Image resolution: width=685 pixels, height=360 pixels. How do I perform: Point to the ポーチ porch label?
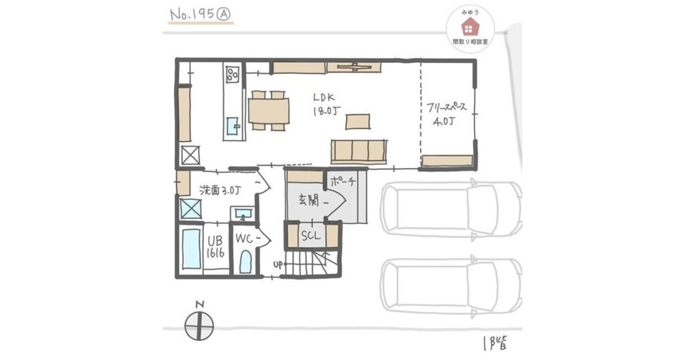(343, 182)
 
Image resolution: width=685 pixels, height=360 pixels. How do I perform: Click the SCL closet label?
(310, 236)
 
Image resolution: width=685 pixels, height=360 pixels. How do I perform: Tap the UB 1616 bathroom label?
(215, 247)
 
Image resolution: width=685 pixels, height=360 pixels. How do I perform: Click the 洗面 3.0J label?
(219, 191)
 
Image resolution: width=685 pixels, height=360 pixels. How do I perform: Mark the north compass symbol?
(199, 325)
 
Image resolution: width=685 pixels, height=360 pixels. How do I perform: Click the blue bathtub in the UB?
(191, 249)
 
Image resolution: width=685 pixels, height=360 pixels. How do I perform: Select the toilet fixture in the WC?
(246, 262)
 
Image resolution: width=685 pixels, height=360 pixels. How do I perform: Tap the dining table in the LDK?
(269, 110)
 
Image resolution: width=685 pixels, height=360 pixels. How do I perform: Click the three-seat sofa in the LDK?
(359, 151)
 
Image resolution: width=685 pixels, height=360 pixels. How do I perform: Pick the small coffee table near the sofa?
(358, 122)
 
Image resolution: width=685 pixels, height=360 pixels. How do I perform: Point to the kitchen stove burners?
(231, 74)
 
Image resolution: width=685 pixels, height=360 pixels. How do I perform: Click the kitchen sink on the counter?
(233, 126)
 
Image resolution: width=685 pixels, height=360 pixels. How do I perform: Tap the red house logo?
(468, 27)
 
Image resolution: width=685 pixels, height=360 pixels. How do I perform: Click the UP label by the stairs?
(278, 264)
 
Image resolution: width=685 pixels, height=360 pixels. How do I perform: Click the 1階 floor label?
(496, 343)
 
